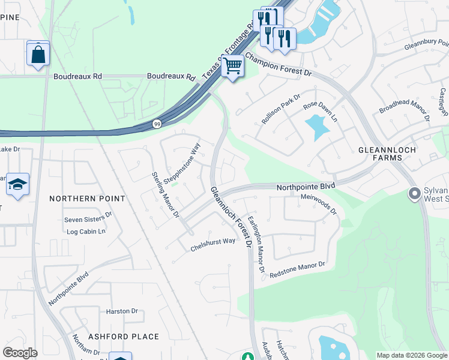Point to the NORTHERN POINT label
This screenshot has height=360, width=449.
pos(87,199)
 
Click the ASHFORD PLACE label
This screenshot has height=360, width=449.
pos(124,337)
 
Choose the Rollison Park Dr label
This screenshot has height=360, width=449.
pos(280,109)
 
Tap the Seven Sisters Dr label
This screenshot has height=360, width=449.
pos(88,217)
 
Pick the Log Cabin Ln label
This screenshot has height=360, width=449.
pos(86,232)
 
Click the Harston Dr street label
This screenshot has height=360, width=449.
pos(122,311)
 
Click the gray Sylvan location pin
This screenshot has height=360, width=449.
pos(414,194)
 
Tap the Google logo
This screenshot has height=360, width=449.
pos(20,353)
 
